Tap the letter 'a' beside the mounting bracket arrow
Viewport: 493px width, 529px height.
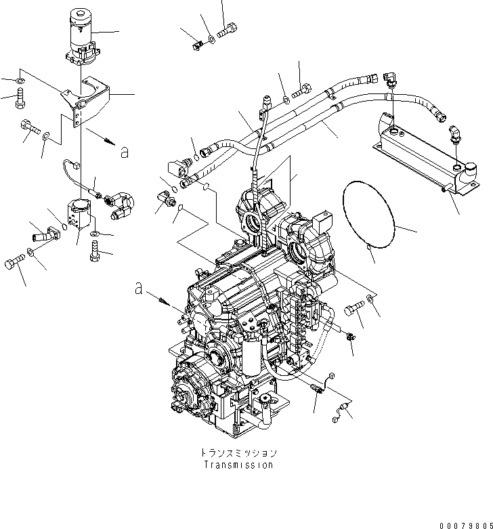point(123,152)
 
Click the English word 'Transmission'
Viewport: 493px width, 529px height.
point(238,465)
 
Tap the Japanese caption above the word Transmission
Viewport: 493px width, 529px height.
point(238,452)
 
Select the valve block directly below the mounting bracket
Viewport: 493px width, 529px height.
point(81,213)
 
